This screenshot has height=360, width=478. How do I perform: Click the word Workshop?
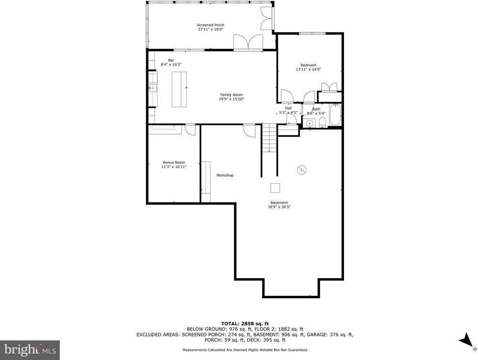[x=225, y=176]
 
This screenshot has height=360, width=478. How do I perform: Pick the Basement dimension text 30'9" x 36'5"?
[x=279, y=207]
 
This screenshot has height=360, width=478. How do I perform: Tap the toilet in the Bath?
[x=323, y=123]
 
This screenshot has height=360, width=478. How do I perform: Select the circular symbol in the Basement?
[x=301, y=169]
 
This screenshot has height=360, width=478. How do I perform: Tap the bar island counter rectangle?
[x=180, y=90]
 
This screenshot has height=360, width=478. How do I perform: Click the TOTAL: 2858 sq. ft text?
[x=244, y=323]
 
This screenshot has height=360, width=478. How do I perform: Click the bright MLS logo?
[x=30, y=350]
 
